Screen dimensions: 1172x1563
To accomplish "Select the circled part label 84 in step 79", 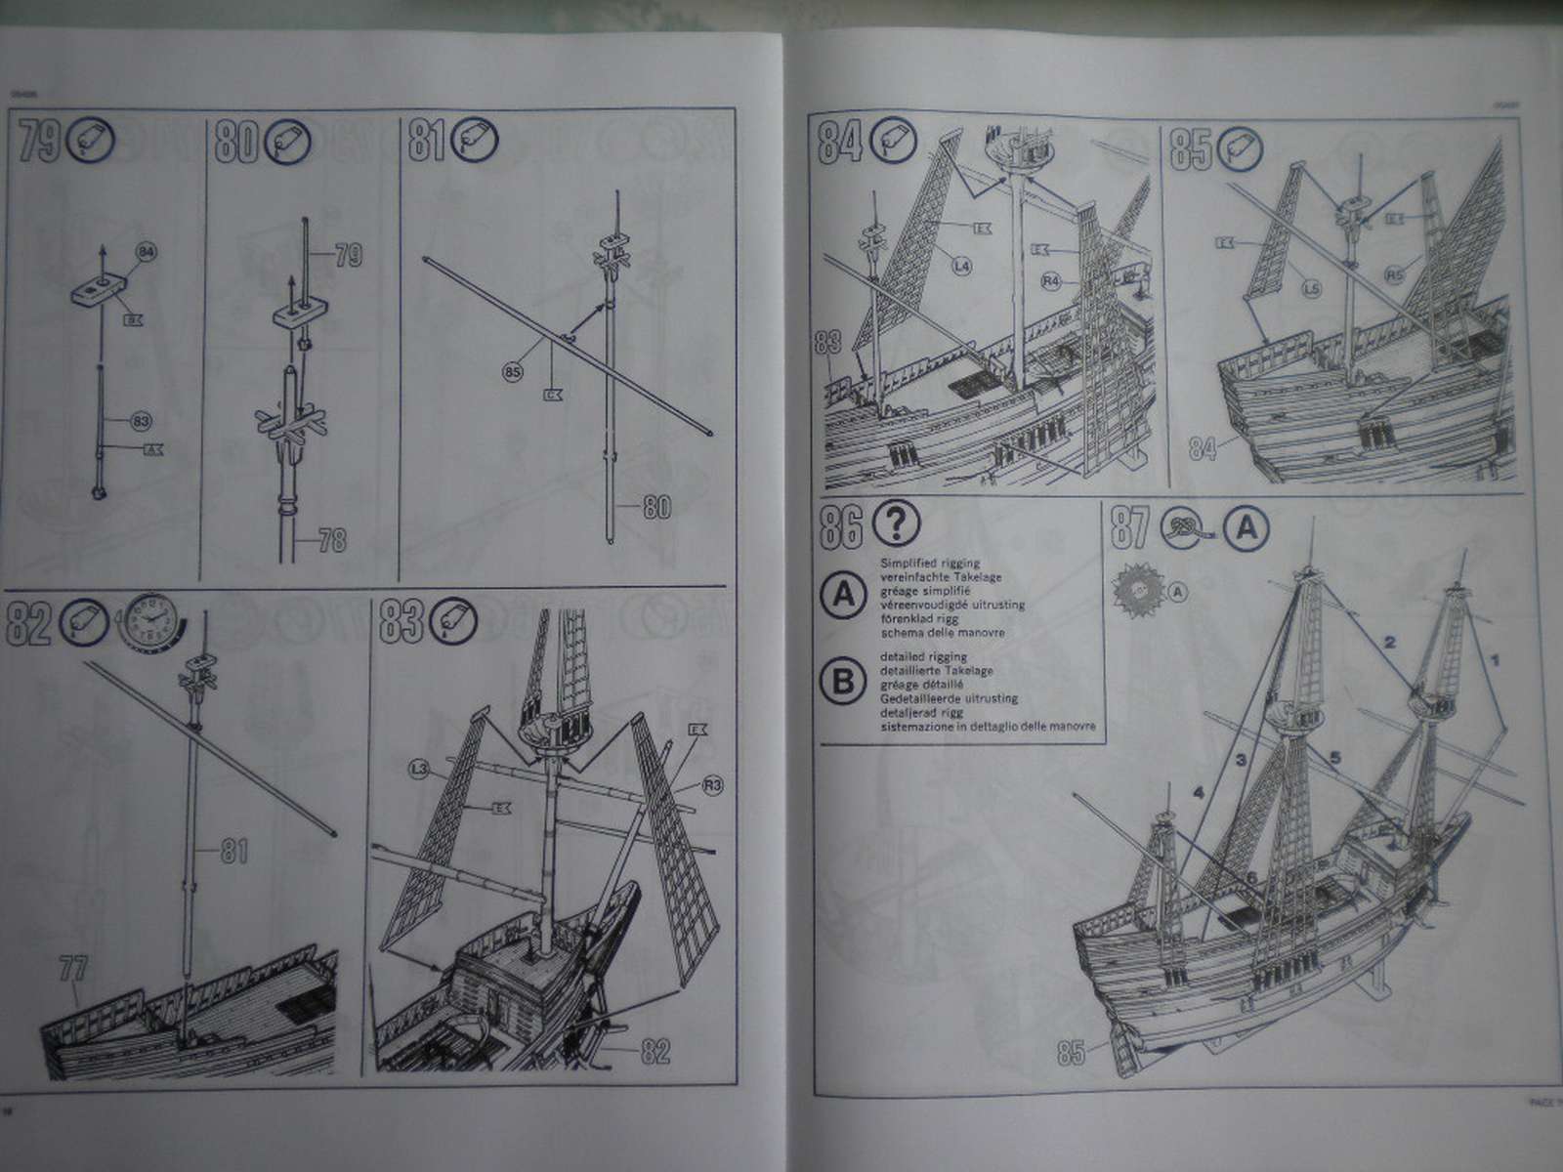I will click(147, 254).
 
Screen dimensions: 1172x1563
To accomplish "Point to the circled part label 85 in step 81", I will click(515, 371).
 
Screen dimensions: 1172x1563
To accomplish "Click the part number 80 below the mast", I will click(658, 508).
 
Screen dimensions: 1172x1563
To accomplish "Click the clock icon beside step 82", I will click(148, 623).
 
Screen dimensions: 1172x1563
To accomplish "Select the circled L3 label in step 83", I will click(420, 772).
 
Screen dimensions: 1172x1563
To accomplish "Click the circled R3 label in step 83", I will click(712, 784).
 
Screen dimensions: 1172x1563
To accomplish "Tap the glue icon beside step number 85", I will click(1241, 148).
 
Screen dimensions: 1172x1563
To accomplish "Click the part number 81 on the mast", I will click(232, 852).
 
